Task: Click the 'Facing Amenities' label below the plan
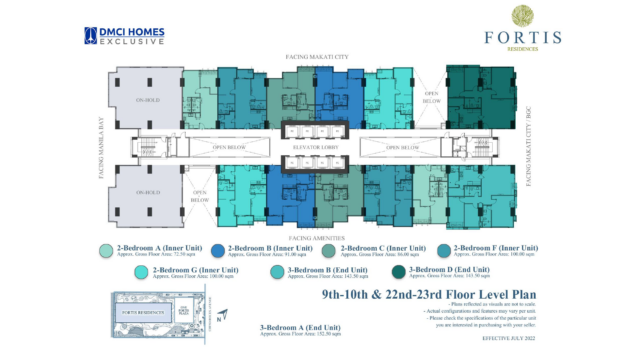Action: pyautogui.click(x=319, y=237)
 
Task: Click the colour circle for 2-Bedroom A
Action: pyautogui.click(x=104, y=252)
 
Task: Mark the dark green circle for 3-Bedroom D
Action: pyautogui.click(x=387, y=272)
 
